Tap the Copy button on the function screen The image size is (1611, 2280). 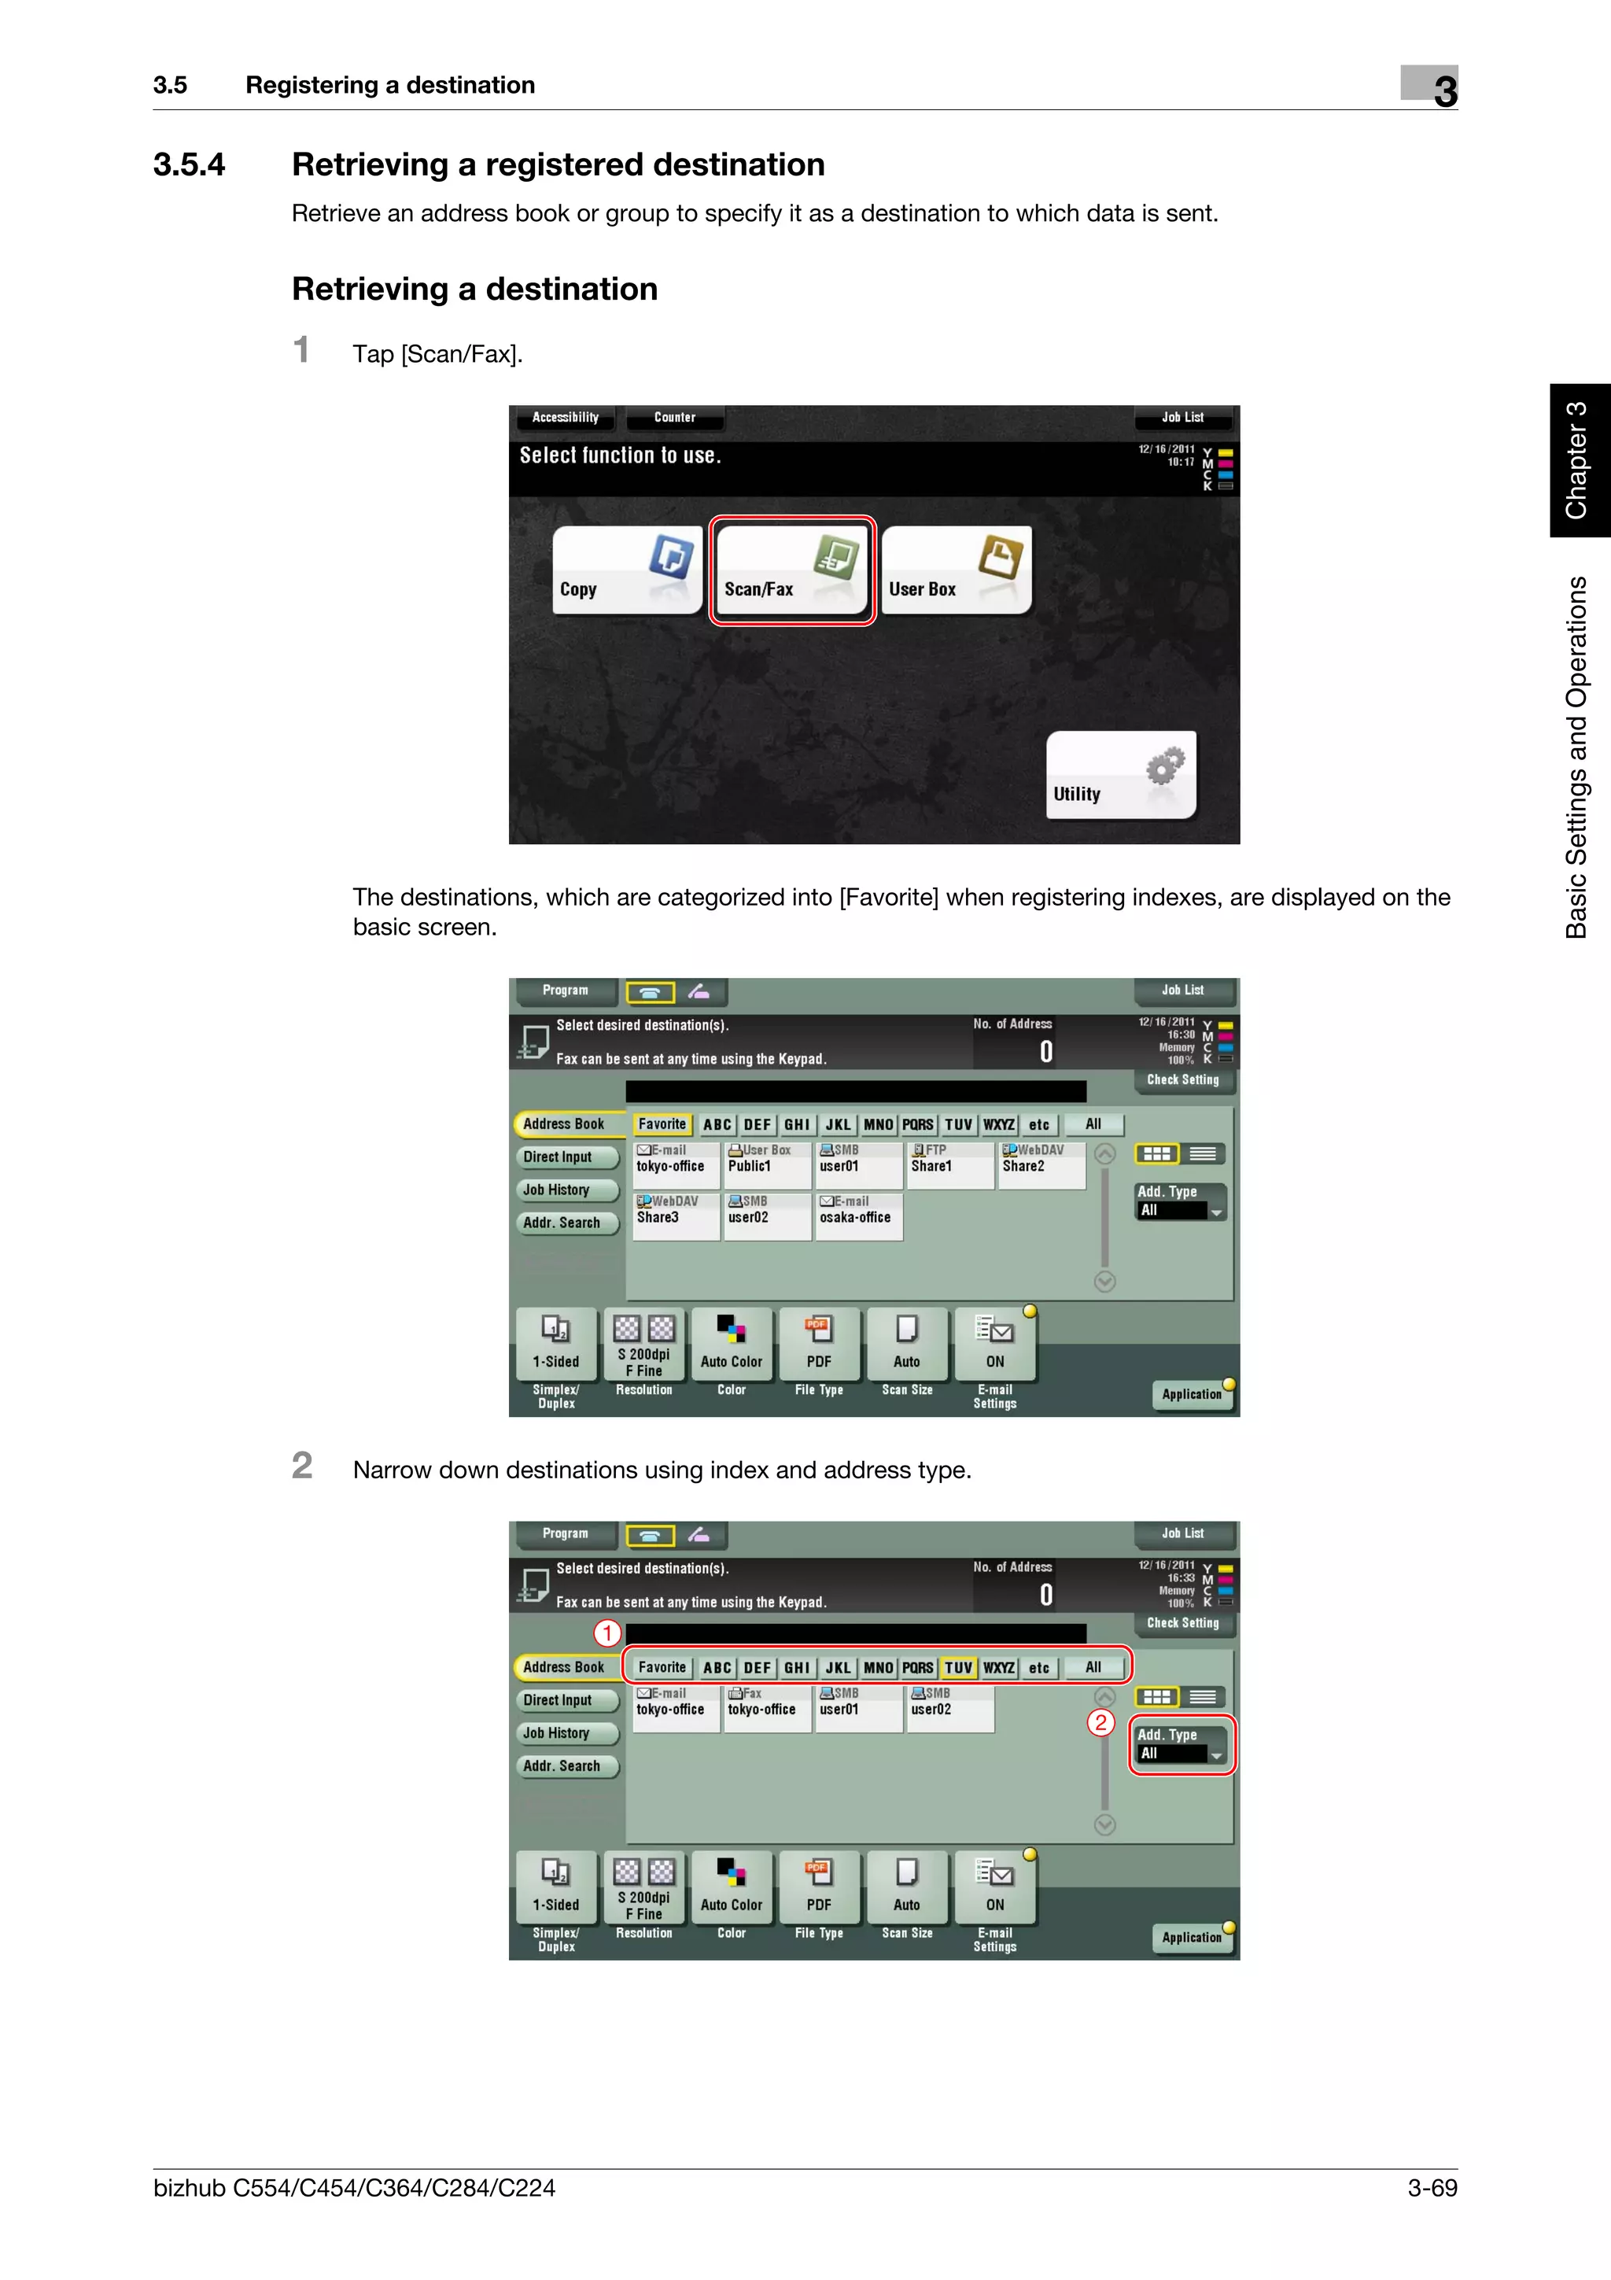point(626,570)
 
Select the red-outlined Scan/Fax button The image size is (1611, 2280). point(792,570)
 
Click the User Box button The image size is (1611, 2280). point(956,570)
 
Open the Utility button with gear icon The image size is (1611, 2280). point(1121,775)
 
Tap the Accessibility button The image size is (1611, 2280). point(565,417)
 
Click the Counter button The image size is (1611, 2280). point(675,417)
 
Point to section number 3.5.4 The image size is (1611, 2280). point(189,165)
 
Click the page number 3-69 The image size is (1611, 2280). point(1432,2188)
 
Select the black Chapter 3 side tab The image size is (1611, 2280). point(1580,459)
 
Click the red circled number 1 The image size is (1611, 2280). point(607,1633)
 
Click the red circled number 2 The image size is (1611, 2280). point(1100,1722)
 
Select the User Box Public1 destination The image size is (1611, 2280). point(767,1165)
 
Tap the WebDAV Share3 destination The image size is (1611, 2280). point(676,1216)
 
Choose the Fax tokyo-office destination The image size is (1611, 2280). point(767,1708)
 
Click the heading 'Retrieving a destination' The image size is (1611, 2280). point(474,289)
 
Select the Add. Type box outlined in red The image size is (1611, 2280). point(1182,1745)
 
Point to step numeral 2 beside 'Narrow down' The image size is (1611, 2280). point(302,1466)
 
